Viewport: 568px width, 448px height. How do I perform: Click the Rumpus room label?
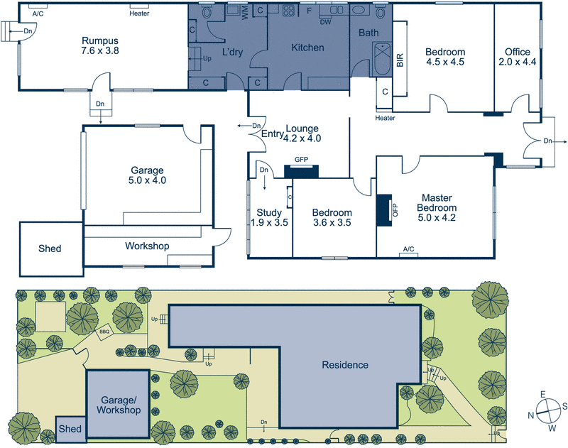[98, 40]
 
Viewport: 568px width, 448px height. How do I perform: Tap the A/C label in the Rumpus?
[38, 13]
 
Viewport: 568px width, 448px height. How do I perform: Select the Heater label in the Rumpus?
[139, 13]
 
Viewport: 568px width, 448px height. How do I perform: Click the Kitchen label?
[307, 48]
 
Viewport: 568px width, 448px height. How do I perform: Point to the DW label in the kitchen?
[325, 22]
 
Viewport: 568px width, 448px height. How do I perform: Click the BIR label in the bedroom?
[400, 60]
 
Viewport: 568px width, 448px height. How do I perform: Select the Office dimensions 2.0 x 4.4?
[518, 62]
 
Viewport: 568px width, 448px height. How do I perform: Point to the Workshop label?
[147, 246]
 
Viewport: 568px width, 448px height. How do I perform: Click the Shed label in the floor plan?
[49, 248]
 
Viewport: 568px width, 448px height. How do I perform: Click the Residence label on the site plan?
[345, 365]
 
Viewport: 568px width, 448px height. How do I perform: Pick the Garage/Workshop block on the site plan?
[118, 405]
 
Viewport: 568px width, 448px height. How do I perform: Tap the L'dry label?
[233, 53]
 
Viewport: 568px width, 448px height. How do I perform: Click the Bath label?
[368, 33]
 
